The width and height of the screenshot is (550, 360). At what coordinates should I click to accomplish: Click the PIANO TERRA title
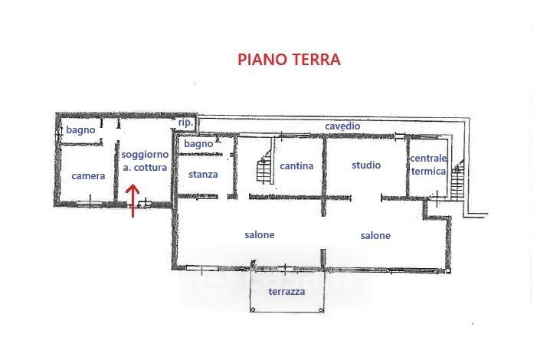click(x=289, y=59)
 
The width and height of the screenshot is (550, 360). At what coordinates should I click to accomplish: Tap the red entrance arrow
click(x=133, y=201)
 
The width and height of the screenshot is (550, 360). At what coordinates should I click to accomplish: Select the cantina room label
click(x=296, y=165)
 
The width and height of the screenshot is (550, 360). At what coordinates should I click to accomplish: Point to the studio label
click(x=366, y=165)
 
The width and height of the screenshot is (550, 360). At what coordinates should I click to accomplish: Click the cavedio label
click(x=342, y=126)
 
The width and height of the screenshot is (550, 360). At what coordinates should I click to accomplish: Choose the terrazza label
click(x=286, y=291)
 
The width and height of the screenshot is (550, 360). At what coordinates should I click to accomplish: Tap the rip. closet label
click(x=185, y=123)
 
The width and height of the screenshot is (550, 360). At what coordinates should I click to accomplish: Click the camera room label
click(x=88, y=176)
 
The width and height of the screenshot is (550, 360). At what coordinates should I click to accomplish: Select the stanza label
click(x=203, y=175)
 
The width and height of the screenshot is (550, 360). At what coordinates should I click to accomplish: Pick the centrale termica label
click(x=428, y=165)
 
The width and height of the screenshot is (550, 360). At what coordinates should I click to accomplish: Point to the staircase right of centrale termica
click(x=457, y=180)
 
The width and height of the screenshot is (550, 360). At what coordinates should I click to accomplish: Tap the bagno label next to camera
click(x=80, y=130)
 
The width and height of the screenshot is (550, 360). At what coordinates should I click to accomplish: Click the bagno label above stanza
click(x=198, y=144)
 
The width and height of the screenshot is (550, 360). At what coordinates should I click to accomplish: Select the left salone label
click(x=260, y=234)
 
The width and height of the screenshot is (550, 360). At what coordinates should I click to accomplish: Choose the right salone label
click(x=375, y=235)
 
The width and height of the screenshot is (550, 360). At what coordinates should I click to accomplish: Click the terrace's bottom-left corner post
click(x=252, y=309)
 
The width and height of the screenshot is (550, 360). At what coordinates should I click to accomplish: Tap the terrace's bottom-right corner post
click(x=321, y=309)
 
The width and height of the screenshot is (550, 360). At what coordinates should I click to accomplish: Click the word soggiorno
click(x=145, y=155)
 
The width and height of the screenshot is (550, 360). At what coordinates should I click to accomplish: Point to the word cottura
click(x=150, y=168)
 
